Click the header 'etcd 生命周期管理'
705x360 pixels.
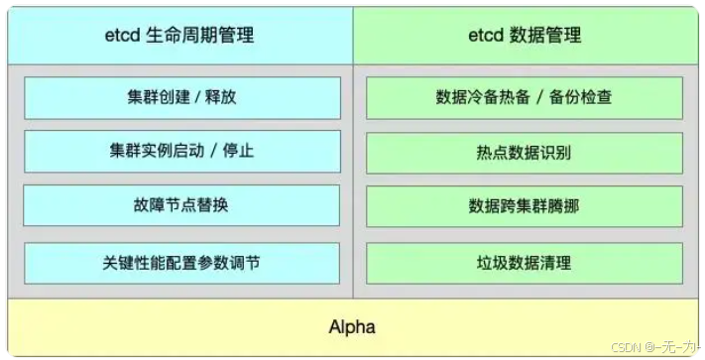pyautogui.click(x=181, y=36)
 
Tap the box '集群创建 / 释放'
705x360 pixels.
pyautogui.click(x=181, y=97)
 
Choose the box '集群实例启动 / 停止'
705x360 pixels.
pyautogui.click(x=181, y=152)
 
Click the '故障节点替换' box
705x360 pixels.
pyautogui.click(x=181, y=206)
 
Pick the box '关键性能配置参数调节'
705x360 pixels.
pyautogui.click(x=181, y=263)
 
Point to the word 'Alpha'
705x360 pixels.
pyautogui.click(x=352, y=326)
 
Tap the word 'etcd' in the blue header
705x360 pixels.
pyautogui.click(x=125, y=36)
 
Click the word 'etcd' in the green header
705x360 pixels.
pyautogui.click(x=485, y=36)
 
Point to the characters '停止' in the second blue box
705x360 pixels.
pyautogui.click(x=237, y=152)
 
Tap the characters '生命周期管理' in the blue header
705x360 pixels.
pyautogui.click(x=202, y=36)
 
